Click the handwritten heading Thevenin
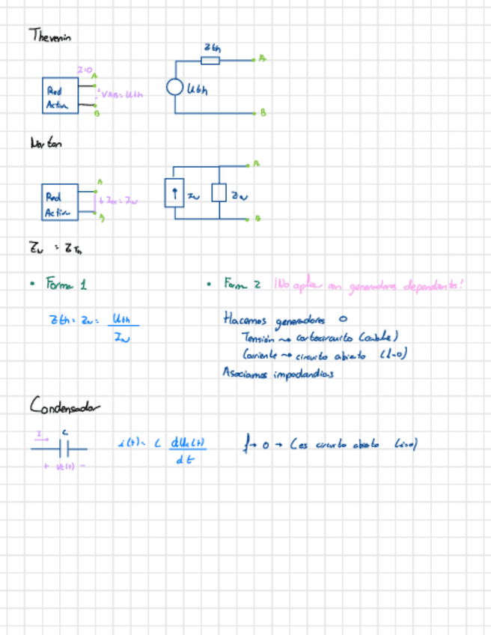coord(50,35)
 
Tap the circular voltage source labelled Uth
coord(175,88)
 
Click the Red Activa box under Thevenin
coord(59,97)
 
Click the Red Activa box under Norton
coord(59,202)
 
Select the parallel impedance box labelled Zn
coord(219,194)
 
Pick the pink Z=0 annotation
coord(84,70)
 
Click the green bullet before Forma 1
coord(32,284)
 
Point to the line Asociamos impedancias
coord(277,371)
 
